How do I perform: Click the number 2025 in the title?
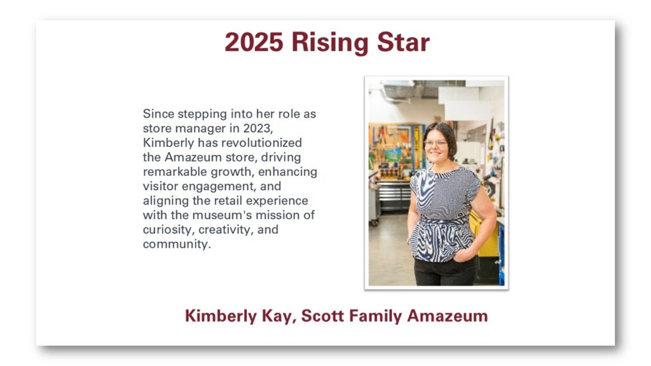click(x=254, y=43)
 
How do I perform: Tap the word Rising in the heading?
click(x=330, y=43)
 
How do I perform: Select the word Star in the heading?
click(x=403, y=43)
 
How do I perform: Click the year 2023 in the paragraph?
click(x=257, y=128)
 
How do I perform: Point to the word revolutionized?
click(x=262, y=143)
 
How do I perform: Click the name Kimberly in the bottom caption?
click(x=221, y=316)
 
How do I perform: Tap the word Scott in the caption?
click(x=322, y=316)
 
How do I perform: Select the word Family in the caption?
click(x=375, y=316)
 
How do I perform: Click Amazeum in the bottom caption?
click(x=447, y=316)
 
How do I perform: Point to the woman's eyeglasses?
click(x=435, y=143)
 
